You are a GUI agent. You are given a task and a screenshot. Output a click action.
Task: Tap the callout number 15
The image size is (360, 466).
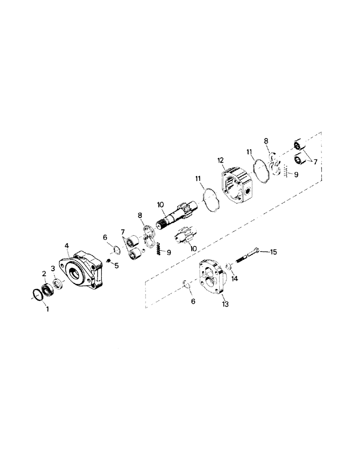273,252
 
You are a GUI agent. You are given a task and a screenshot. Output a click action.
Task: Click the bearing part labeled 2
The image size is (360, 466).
48,289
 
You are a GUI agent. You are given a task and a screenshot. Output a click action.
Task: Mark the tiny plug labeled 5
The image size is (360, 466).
109,261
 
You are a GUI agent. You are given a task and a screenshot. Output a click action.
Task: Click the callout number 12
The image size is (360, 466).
221,161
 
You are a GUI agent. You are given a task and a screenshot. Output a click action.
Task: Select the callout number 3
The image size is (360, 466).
53,268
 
